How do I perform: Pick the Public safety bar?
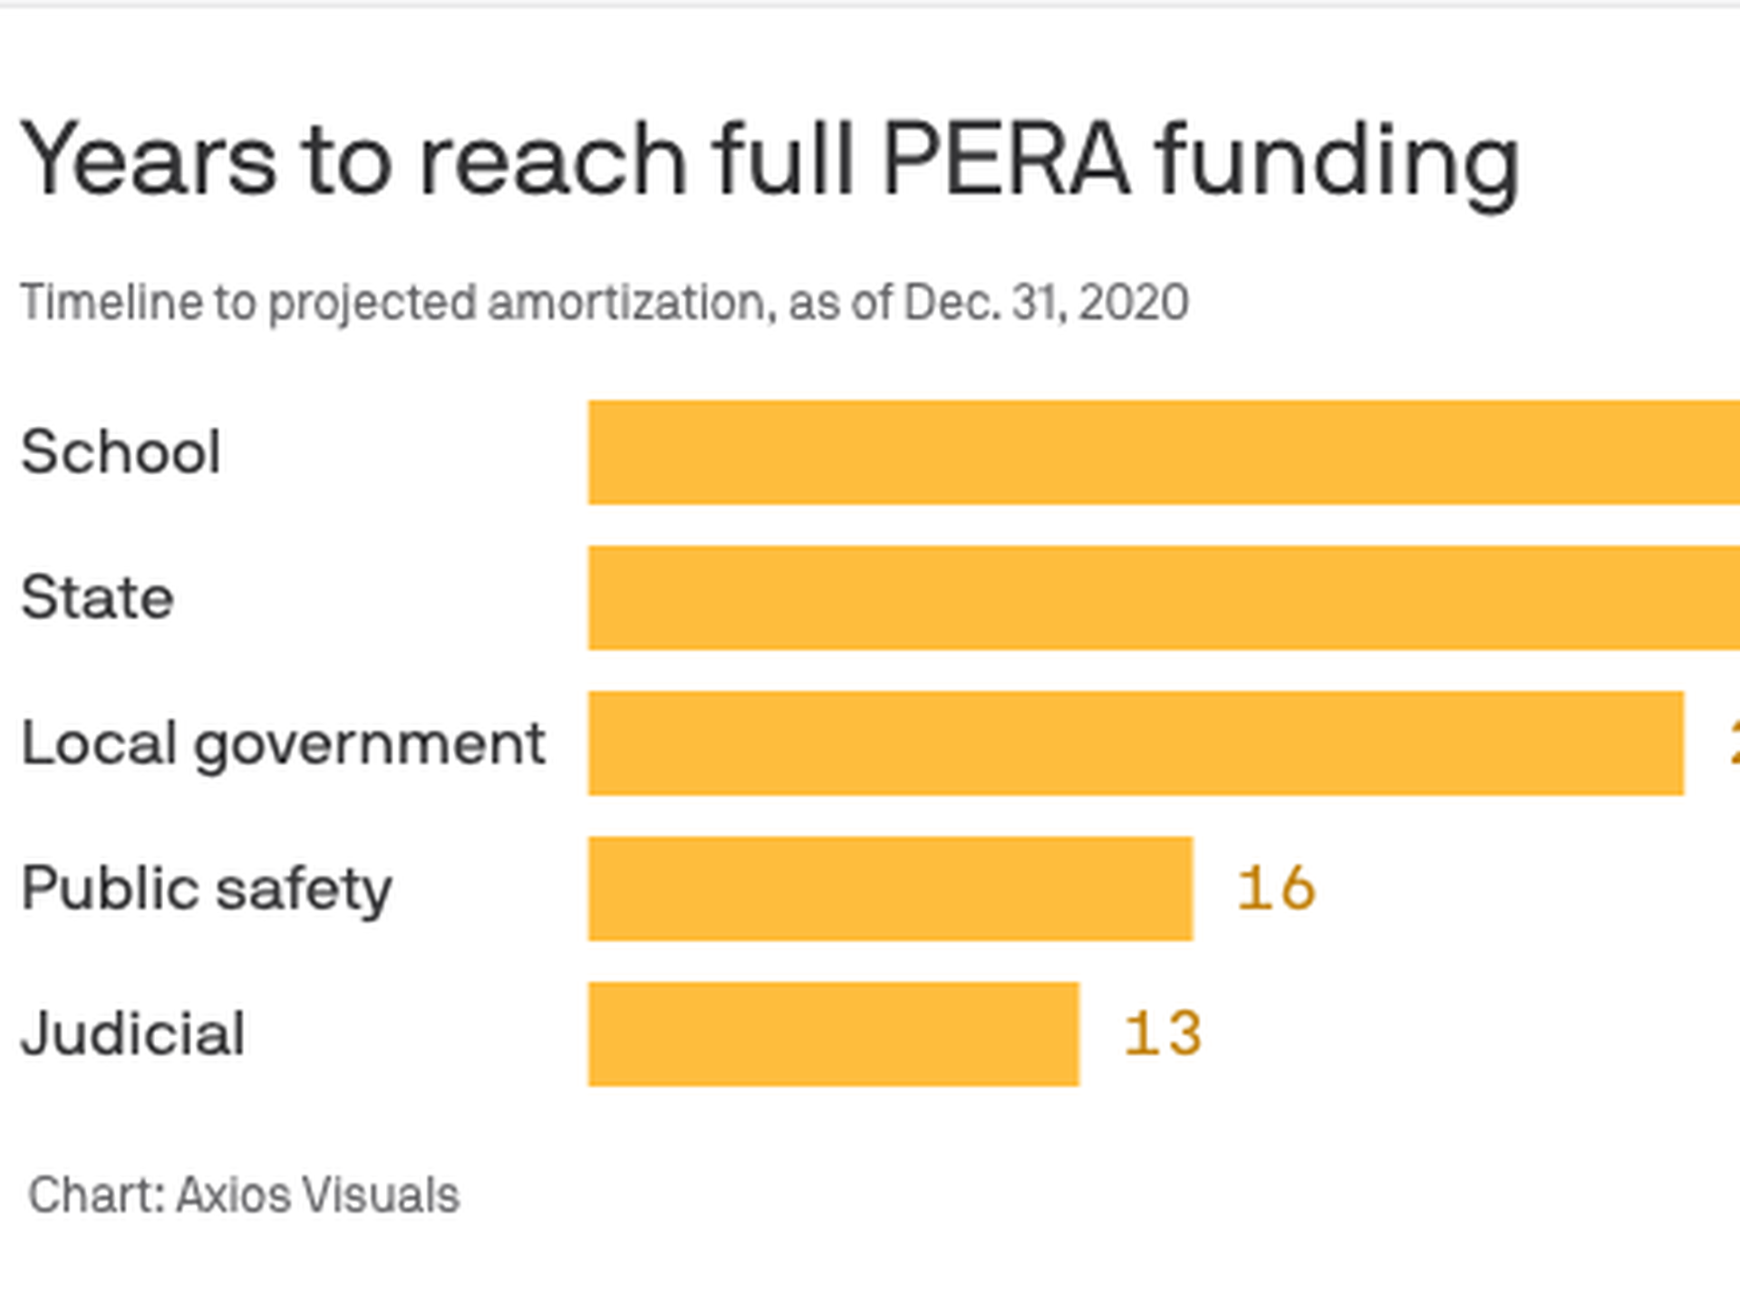(890, 889)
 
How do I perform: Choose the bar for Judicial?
(834, 1034)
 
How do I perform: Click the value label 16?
(1276, 888)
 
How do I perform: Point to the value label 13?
(1163, 1034)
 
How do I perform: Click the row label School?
(121, 451)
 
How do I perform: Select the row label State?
(97, 598)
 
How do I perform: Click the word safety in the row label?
(304, 889)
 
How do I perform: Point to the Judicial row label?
(132, 1034)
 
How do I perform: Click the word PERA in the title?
(1006, 159)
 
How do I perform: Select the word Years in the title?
(149, 159)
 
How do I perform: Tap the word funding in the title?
(1338, 161)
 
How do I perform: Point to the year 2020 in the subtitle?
(1134, 302)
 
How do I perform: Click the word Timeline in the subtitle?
(111, 302)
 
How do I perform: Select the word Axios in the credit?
(234, 1194)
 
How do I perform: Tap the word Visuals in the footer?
(382, 1194)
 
